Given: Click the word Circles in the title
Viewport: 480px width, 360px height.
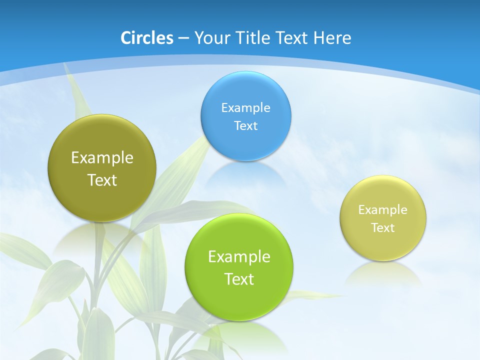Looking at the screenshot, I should click(146, 38).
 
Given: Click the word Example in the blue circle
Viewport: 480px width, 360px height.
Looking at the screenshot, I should click(245, 107).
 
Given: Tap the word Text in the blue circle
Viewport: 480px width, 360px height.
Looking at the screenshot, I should click(245, 125).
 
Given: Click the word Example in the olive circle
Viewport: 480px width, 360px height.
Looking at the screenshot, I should click(102, 158).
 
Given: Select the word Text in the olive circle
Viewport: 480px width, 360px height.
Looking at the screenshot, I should click(102, 180).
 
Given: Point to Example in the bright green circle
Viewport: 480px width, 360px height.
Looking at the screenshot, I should click(239, 257).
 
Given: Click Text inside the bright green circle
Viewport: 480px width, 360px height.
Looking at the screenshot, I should click(239, 279).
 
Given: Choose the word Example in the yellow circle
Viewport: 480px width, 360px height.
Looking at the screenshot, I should click(383, 210).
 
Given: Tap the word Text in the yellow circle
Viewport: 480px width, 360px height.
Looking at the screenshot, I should click(383, 228).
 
